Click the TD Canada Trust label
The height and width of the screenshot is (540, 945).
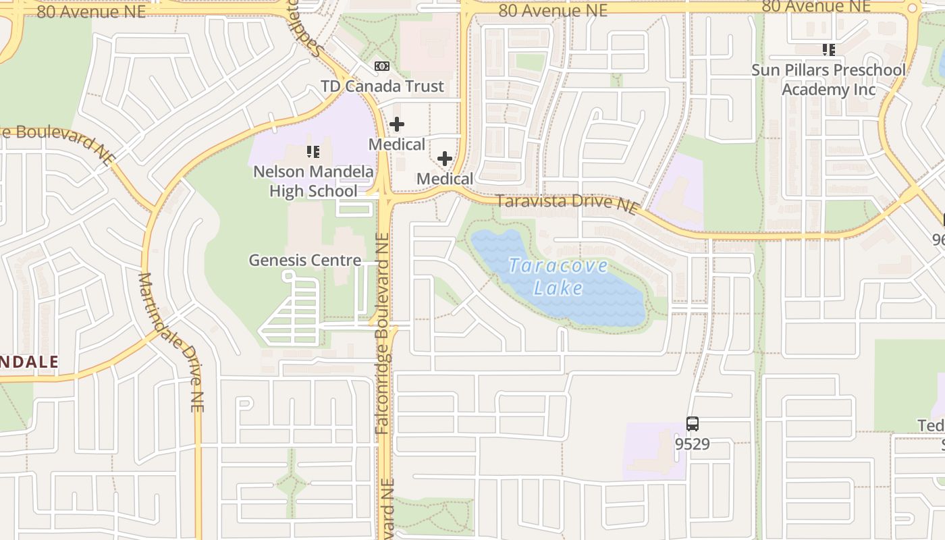click(383, 86)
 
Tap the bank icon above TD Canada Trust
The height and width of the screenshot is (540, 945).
click(382, 65)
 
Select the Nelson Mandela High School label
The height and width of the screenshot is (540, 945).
click(313, 182)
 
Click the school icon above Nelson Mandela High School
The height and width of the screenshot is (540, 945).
click(313, 152)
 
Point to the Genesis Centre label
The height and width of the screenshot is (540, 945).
click(304, 260)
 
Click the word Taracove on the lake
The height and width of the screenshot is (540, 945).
click(558, 265)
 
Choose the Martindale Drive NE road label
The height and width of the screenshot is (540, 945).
click(171, 341)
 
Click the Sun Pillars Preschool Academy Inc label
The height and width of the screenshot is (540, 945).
click(829, 80)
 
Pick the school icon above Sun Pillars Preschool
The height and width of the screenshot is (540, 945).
click(828, 49)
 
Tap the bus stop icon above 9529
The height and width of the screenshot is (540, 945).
click(693, 424)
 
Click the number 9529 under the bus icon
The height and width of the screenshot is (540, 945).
click(693, 443)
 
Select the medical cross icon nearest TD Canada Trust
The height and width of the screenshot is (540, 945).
click(397, 124)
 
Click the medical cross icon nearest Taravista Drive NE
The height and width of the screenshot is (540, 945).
click(445, 159)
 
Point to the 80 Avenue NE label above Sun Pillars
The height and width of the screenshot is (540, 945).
click(816, 7)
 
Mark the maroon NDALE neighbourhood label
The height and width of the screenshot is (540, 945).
click(29, 362)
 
